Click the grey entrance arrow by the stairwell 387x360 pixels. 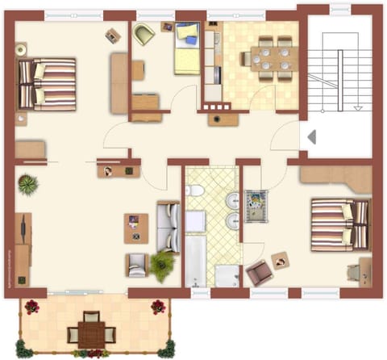click(310, 137)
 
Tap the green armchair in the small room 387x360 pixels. click(145, 35)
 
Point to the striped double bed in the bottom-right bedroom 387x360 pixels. click(340, 223)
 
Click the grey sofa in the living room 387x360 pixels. click(168, 225)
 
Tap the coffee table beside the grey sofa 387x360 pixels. click(136, 228)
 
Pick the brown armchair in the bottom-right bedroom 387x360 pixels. click(260, 273)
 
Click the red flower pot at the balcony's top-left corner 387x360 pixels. click(31, 306)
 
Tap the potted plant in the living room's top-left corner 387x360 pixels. click(28, 185)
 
